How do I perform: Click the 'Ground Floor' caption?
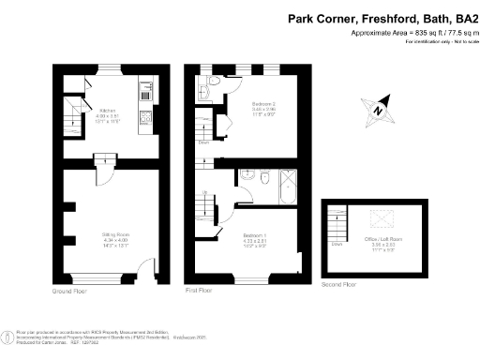click(x=71, y=292)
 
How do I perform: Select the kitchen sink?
click(x=145, y=93)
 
